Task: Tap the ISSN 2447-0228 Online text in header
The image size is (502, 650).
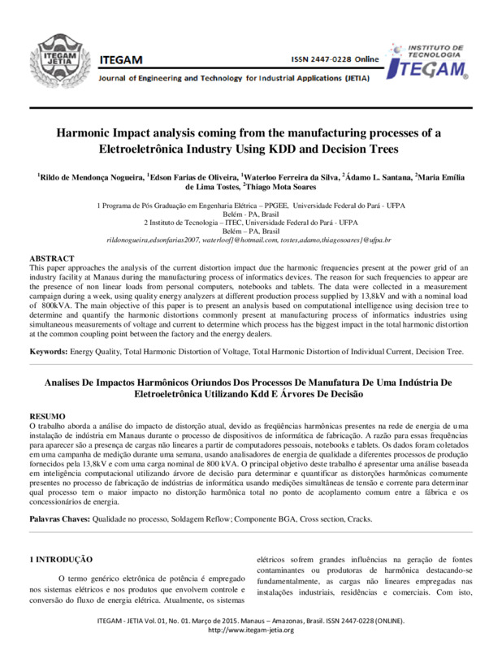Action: coord(335,60)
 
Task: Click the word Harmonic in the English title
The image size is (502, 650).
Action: coord(84,134)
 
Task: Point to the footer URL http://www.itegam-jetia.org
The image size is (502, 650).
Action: coord(251,630)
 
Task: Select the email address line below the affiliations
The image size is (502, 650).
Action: coord(249,241)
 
